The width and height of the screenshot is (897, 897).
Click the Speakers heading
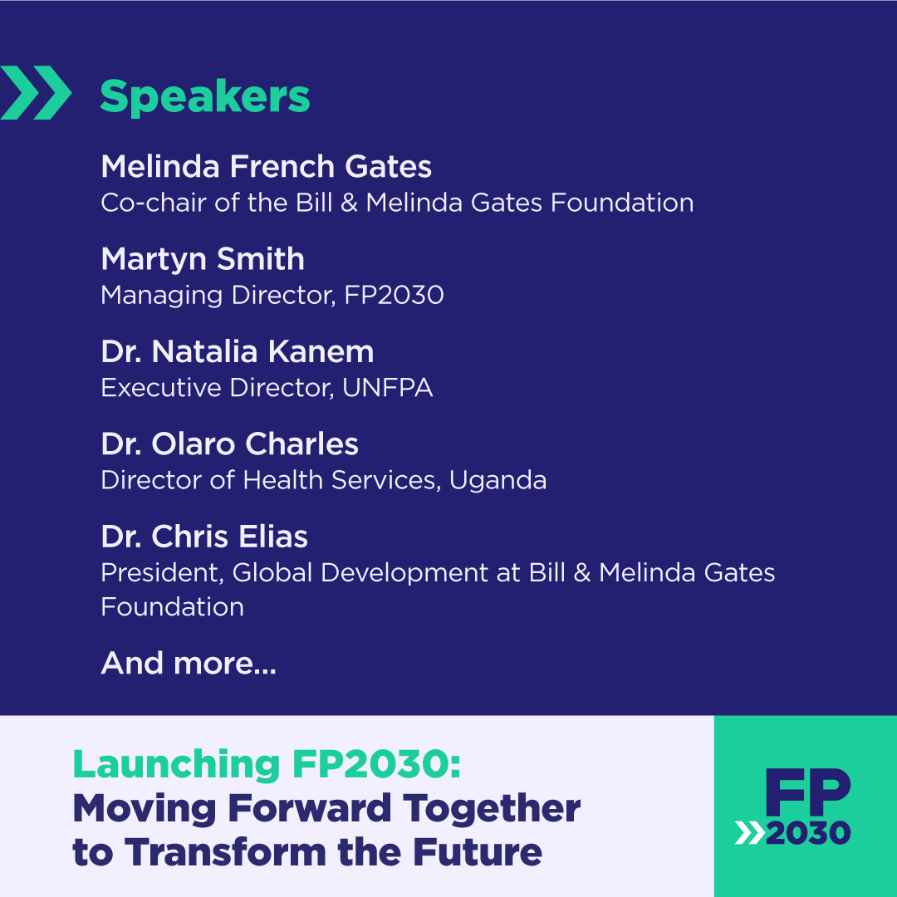tap(204, 97)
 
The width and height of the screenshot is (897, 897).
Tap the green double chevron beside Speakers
tap(36, 93)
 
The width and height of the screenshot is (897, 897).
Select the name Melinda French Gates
tap(266, 167)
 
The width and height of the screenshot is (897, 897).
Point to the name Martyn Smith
tap(203, 259)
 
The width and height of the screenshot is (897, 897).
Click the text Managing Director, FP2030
tap(272, 295)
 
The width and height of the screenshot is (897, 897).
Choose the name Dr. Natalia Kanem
tap(237, 351)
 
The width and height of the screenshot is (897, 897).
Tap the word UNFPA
tap(387, 388)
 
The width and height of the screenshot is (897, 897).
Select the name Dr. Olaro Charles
tap(229, 444)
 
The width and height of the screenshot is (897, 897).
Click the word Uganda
tap(498, 480)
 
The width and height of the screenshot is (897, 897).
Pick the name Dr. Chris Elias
tap(204, 537)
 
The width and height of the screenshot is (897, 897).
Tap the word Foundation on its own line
tap(172, 607)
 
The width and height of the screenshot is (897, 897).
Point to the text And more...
tap(188, 663)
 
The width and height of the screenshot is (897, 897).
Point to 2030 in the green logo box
tap(807, 833)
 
